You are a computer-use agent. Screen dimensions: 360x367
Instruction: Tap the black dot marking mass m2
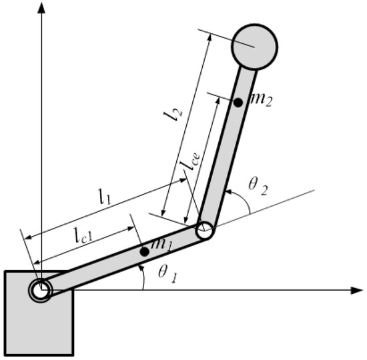tap(237, 103)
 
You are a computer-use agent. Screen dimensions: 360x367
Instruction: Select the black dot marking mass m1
tap(144, 251)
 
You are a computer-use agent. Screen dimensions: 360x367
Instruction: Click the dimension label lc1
tap(87, 234)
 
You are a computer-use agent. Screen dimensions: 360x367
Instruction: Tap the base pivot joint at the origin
tap(40, 291)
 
